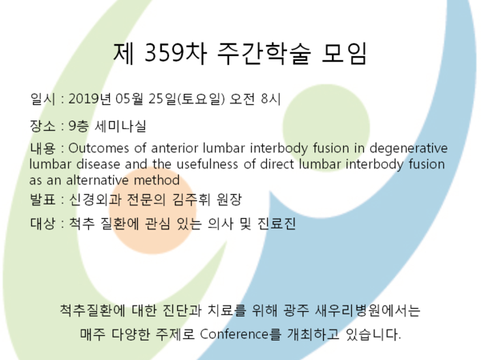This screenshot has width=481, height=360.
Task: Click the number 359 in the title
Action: click(164, 52)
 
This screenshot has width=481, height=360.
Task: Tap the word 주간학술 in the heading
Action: click(264, 53)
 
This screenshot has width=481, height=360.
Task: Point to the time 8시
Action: click(271, 99)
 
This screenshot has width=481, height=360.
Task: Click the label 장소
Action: click(42, 126)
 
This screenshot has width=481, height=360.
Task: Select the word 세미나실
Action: click(120, 126)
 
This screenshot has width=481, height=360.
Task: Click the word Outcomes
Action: click(99, 148)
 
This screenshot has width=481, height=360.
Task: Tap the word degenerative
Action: click(409, 149)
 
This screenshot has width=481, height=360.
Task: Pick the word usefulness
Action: click(207, 164)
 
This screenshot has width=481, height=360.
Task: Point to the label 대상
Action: click(42, 223)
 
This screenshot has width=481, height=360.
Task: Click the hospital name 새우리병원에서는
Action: click(367, 310)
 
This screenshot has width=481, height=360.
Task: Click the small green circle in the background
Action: click(326, 127)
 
